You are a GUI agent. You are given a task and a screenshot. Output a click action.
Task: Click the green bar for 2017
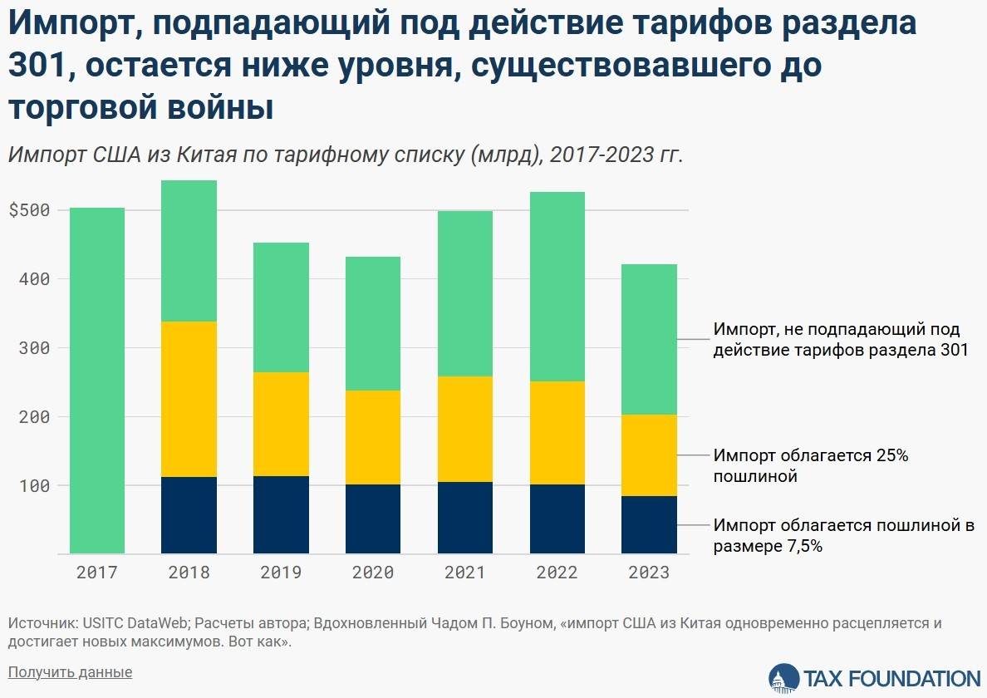97,380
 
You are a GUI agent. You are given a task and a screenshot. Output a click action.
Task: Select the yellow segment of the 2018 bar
189,399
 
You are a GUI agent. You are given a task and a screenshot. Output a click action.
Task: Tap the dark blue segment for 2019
281,514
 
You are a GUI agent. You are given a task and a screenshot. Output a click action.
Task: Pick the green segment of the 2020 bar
373,323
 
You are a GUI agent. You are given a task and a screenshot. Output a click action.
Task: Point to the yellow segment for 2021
464,429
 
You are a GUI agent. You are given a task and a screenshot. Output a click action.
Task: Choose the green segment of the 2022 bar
557,287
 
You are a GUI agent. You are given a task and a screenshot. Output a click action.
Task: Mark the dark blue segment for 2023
649,524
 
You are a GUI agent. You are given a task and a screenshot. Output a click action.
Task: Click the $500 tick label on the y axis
29,210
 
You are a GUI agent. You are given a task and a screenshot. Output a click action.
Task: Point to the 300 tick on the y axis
34,348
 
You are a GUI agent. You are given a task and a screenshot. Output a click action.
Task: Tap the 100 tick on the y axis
34,485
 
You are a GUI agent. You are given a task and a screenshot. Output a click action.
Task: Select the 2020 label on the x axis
373,573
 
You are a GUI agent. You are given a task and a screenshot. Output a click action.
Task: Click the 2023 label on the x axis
649,573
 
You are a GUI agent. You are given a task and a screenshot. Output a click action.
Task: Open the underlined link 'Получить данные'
70,671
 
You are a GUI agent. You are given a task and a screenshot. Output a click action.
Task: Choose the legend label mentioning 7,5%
842,535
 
